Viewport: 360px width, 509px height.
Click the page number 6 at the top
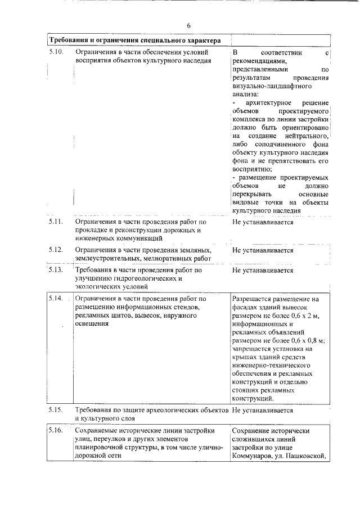click(x=189, y=26)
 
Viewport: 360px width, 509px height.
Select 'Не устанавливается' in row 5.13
click(x=263, y=270)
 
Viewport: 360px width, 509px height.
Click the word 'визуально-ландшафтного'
click(x=267, y=87)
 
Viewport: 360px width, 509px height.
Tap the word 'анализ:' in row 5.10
click(x=245, y=95)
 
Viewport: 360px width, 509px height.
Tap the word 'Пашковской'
click(x=308, y=456)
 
